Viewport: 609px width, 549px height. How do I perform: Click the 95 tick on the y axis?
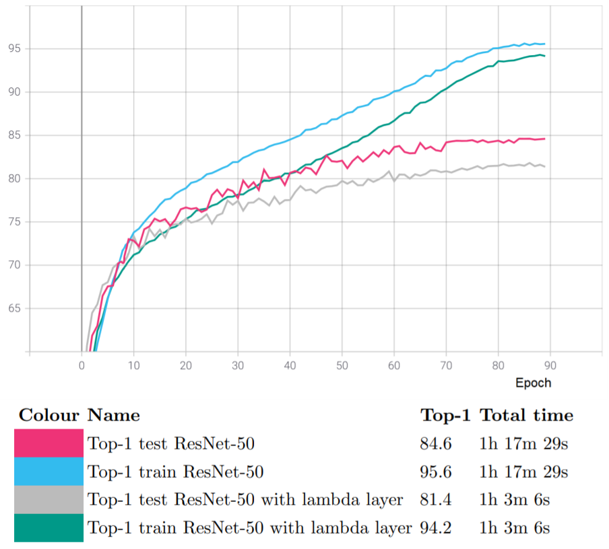point(15,48)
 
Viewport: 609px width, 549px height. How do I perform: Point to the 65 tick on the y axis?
point(15,309)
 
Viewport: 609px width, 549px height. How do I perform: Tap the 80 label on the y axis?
point(15,179)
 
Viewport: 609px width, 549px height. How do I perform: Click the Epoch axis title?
point(533,383)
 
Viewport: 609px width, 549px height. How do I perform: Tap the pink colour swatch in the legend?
point(49,443)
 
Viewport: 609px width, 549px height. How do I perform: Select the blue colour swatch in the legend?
point(49,471)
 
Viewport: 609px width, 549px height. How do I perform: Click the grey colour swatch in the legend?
point(49,499)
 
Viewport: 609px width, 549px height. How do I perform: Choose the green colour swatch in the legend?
point(49,527)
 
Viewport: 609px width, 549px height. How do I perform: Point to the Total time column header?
point(526,415)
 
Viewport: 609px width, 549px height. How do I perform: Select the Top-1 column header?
point(445,415)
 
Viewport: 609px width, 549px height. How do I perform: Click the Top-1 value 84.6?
point(435,443)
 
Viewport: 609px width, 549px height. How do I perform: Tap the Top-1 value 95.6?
point(435,472)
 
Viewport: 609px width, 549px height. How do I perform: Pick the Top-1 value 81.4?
point(435,500)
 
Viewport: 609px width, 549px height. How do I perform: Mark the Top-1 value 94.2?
point(435,528)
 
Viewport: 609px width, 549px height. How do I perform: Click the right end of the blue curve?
point(544,44)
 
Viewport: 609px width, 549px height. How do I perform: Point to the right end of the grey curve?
point(544,166)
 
